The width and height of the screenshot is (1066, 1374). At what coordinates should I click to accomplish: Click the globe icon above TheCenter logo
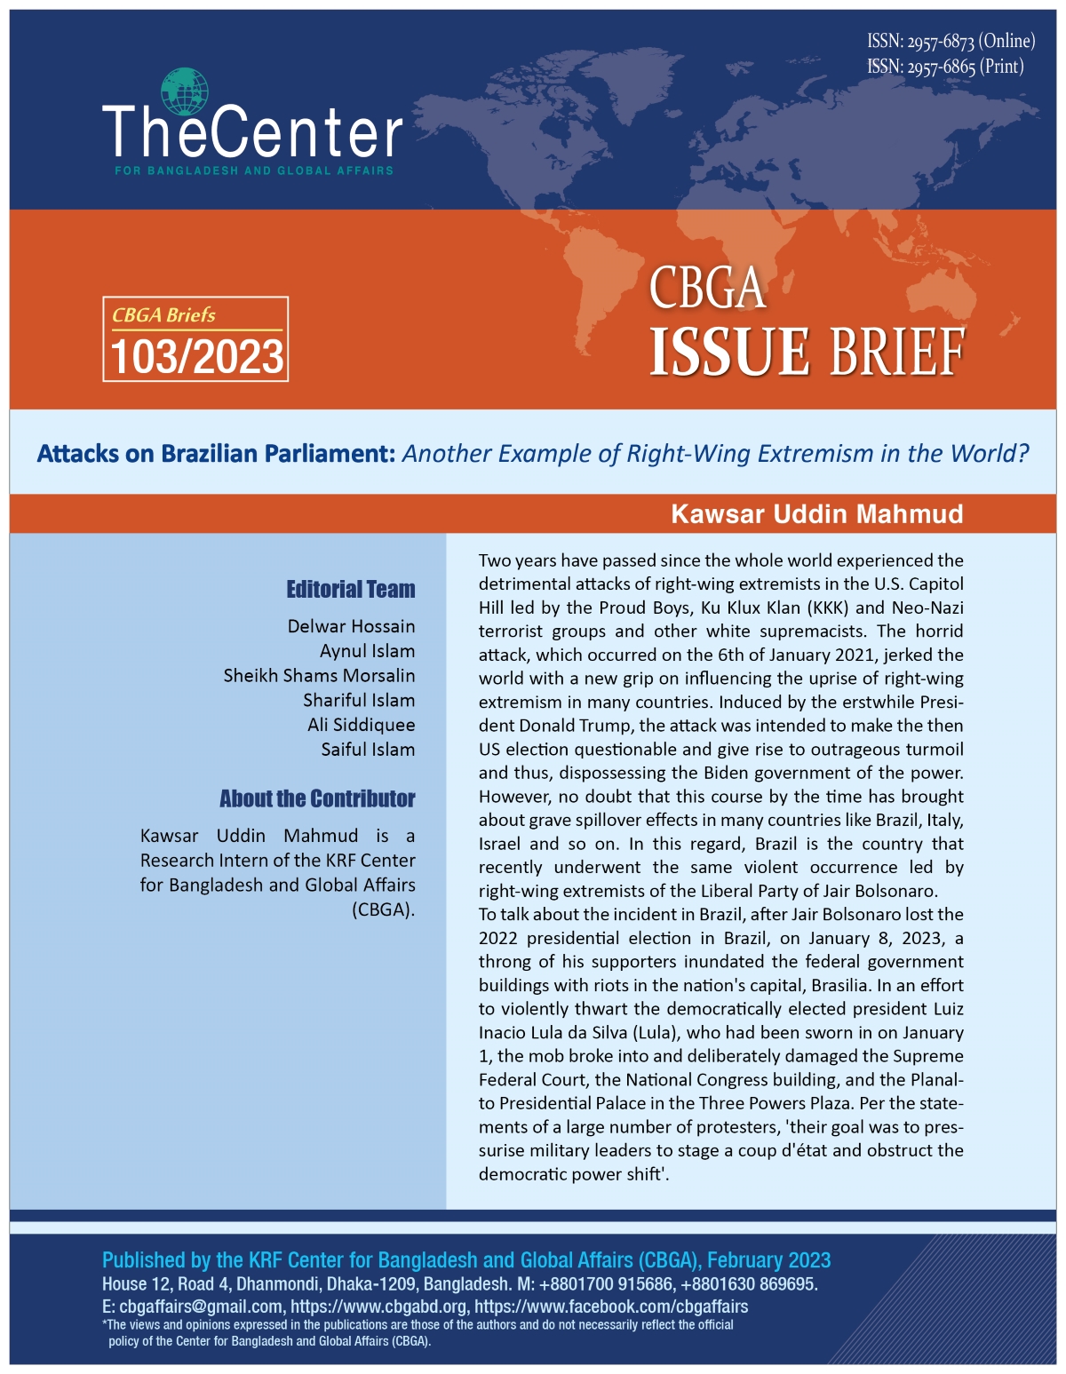[x=185, y=91]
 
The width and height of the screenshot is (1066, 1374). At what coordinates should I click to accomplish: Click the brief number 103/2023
[x=196, y=357]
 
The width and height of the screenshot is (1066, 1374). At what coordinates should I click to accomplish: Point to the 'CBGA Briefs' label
[x=163, y=315]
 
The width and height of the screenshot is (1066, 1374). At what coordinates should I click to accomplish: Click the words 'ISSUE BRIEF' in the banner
[x=807, y=353]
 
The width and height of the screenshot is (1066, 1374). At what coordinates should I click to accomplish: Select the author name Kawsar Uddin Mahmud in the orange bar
[x=816, y=514]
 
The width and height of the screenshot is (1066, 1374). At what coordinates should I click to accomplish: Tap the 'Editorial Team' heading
[x=350, y=590]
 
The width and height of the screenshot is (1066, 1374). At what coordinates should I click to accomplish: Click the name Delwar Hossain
[x=351, y=626]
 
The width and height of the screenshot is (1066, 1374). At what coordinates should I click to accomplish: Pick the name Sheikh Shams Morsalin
[x=319, y=675]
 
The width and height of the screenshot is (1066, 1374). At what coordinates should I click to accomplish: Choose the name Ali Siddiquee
[x=361, y=725]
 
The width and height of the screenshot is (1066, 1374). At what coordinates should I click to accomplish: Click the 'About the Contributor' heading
[x=317, y=798]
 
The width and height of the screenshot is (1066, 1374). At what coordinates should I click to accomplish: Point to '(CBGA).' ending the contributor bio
[x=383, y=909]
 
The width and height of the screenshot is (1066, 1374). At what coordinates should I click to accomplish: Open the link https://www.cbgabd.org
[x=378, y=1306]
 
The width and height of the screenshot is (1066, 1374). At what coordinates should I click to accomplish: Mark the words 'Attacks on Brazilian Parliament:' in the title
[x=216, y=454]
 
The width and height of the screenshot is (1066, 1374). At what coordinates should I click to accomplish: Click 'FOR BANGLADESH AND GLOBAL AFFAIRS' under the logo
[x=254, y=171]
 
